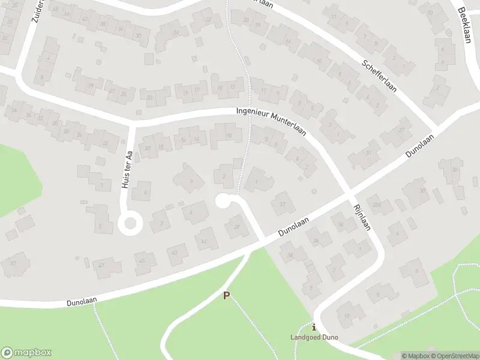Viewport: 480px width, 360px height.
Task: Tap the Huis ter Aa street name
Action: pos(127,170)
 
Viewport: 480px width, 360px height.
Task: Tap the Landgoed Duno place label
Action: pos(314,337)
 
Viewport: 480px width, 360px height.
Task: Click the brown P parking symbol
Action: pos(226,295)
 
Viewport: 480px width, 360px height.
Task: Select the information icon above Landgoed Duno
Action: pos(314,327)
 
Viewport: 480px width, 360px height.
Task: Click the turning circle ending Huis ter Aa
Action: pos(129,224)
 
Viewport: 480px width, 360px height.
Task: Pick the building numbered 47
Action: pos(101,265)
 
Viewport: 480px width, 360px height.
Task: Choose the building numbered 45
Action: pos(143,260)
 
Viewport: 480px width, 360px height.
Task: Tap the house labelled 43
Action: pos(175,253)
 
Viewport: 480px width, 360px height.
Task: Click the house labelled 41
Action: pos(205,241)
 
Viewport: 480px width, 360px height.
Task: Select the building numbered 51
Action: pos(13,263)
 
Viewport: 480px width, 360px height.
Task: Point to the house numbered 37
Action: pos(281,204)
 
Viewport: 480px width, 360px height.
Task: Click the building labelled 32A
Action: pos(377,206)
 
